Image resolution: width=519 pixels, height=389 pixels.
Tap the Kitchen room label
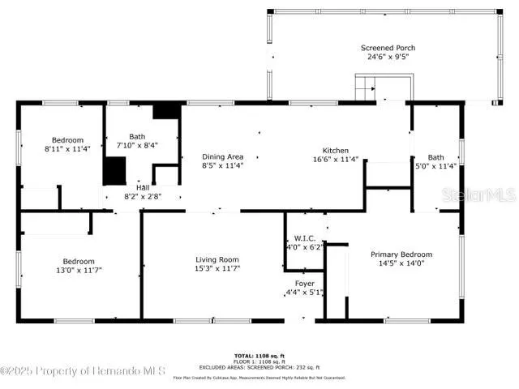(335, 151)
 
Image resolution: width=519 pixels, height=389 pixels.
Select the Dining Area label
(222, 156)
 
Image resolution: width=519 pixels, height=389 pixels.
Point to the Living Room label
(217, 259)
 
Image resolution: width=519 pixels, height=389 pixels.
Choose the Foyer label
(304, 283)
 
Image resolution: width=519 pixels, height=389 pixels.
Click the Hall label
(142, 186)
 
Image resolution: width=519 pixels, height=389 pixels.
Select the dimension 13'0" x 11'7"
(79, 270)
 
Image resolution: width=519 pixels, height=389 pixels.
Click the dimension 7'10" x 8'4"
(137, 146)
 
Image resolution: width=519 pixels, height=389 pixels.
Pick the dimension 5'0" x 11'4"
(436, 166)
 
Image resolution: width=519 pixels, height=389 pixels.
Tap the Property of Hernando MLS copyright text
(83, 370)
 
